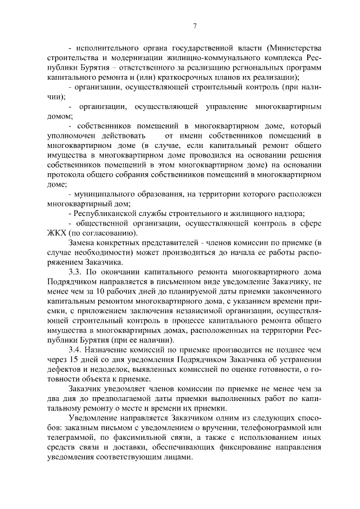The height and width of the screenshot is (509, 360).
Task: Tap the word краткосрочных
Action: click(x=178, y=76)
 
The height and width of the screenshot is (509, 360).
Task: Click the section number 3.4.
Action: click(x=76, y=349)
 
